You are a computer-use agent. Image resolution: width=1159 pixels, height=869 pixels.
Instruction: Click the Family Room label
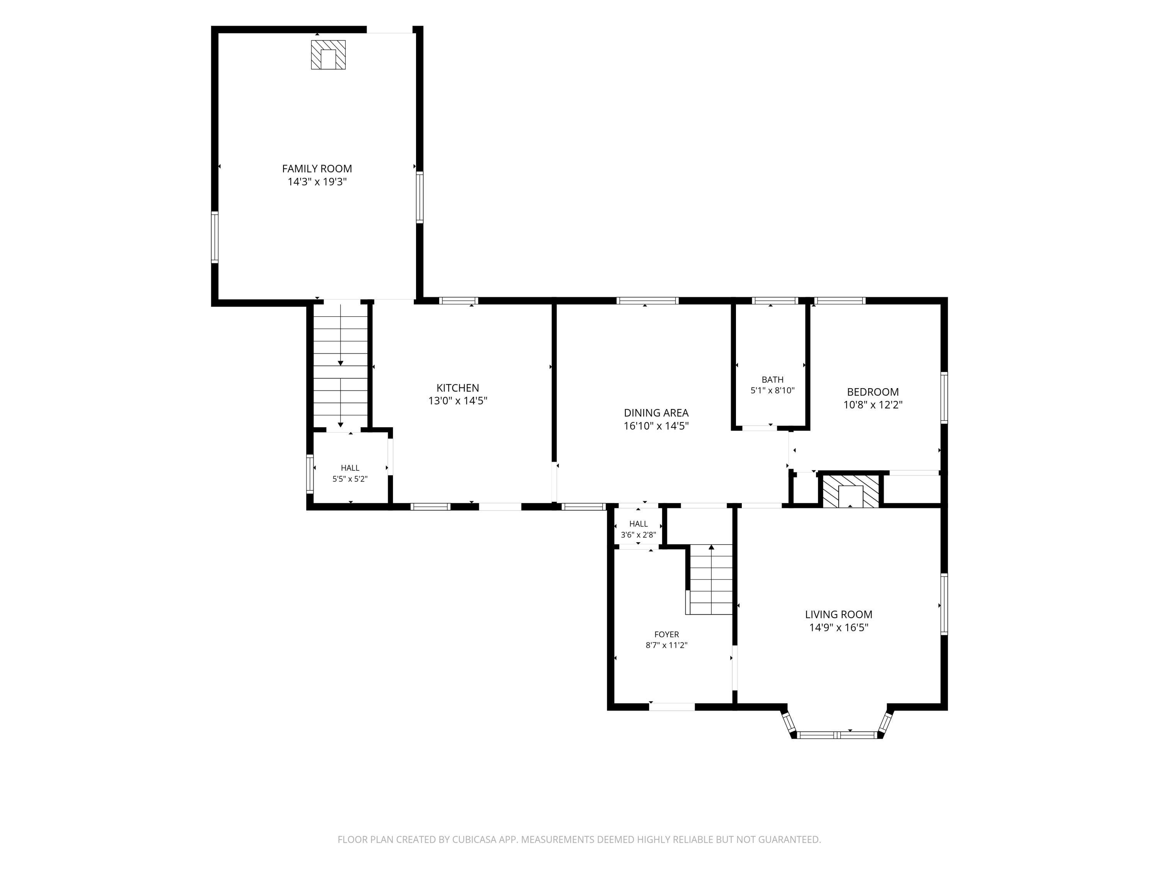pos(317,169)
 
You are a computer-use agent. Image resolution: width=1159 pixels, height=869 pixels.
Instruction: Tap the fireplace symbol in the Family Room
pos(328,54)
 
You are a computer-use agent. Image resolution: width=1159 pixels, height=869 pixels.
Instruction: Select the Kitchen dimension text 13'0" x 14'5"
pos(458,401)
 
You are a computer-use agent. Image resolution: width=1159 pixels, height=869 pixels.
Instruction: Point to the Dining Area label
pos(656,413)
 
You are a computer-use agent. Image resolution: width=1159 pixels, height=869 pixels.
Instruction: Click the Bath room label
pos(773,380)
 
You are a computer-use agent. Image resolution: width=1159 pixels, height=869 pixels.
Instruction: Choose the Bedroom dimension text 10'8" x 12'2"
pos(873,405)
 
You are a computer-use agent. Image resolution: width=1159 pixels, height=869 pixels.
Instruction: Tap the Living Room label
pos(839,614)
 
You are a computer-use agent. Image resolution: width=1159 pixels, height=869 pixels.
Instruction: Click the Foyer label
pos(666,634)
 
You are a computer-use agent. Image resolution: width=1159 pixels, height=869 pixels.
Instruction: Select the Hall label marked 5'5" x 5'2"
pos(350,468)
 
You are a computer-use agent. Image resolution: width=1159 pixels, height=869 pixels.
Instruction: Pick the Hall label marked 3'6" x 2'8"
pos(638,524)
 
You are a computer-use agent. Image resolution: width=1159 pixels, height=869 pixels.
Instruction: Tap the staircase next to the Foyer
pos(710,579)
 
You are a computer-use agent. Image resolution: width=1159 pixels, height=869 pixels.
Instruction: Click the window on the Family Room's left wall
pos(215,237)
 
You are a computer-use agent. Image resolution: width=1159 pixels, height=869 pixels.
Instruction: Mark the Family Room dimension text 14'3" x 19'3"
pos(317,182)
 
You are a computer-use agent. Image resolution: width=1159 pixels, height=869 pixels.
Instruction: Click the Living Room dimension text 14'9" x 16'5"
pos(839,628)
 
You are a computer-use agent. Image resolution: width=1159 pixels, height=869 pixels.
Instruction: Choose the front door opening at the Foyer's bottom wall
pos(672,707)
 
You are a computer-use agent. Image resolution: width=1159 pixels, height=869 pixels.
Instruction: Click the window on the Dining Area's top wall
pos(647,300)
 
